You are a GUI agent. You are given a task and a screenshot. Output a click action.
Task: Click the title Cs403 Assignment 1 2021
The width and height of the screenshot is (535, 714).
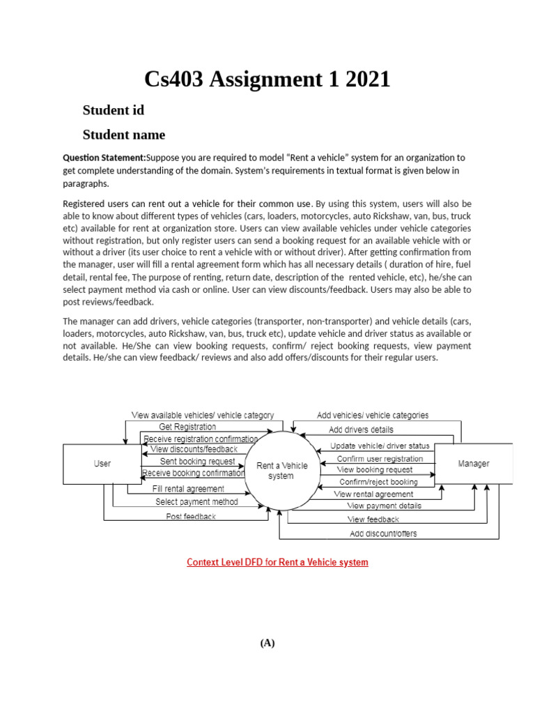267,79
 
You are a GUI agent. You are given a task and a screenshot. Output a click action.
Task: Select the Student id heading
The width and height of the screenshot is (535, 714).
114,110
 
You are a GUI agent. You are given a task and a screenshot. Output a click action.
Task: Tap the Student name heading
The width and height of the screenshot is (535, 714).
124,135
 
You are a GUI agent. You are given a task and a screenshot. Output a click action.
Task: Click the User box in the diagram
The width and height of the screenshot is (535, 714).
102,464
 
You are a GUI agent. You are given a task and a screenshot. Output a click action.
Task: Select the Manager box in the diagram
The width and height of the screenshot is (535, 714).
473,463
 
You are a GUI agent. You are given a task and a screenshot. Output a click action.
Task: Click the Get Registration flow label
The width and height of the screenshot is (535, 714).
187,427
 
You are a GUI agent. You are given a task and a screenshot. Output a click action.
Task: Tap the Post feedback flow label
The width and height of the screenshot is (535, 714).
191,517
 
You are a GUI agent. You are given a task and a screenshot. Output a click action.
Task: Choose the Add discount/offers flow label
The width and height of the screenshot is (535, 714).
383,534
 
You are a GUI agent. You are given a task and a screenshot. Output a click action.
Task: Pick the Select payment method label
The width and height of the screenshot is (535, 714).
196,502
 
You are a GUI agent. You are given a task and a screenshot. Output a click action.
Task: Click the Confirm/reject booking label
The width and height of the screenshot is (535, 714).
378,482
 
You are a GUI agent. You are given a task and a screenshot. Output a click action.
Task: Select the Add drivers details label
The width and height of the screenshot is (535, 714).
361,430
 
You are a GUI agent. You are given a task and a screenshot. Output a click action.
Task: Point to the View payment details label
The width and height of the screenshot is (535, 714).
384,506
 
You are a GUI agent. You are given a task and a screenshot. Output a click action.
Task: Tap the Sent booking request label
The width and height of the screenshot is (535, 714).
198,462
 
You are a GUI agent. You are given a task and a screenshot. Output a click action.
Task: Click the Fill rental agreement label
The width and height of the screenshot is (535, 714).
188,489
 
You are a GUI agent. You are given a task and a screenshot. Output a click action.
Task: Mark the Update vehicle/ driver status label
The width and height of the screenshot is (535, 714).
380,446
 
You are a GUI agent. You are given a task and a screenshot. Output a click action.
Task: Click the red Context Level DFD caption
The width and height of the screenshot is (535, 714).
277,562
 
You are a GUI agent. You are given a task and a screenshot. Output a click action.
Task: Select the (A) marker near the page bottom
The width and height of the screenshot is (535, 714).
267,644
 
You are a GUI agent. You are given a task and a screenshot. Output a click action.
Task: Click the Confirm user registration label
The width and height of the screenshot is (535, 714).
380,459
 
